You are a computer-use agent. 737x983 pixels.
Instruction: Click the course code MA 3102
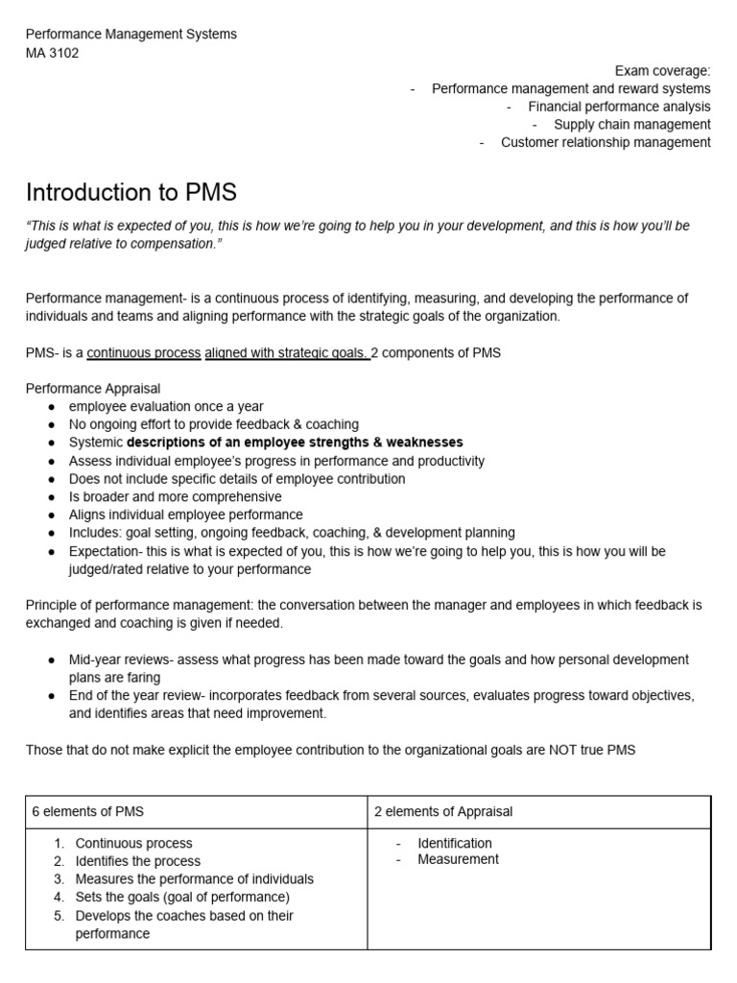click(x=52, y=53)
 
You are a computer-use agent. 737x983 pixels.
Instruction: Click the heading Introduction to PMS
click(x=131, y=192)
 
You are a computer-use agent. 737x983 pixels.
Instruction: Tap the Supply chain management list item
click(x=631, y=125)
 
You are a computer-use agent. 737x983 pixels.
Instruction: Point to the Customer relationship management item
click(x=605, y=142)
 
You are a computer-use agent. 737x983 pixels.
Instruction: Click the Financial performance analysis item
click(x=618, y=107)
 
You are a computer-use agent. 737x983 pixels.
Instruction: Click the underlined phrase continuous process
click(x=144, y=352)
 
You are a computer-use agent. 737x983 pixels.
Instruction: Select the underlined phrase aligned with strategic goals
click(x=287, y=352)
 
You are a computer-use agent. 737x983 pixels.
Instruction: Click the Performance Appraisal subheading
click(x=93, y=389)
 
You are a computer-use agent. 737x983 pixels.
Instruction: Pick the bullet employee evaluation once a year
click(x=165, y=406)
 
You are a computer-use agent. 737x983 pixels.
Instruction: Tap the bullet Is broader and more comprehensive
click(x=175, y=497)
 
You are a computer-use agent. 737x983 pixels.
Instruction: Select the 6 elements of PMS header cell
click(x=88, y=812)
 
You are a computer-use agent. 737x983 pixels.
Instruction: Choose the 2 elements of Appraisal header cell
click(x=443, y=812)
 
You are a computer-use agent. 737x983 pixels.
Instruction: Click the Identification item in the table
click(x=454, y=843)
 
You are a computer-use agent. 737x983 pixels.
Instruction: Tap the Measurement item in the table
click(x=458, y=859)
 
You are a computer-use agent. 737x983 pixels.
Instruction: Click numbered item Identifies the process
click(x=137, y=861)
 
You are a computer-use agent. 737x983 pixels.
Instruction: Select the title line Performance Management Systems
click(x=131, y=35)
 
